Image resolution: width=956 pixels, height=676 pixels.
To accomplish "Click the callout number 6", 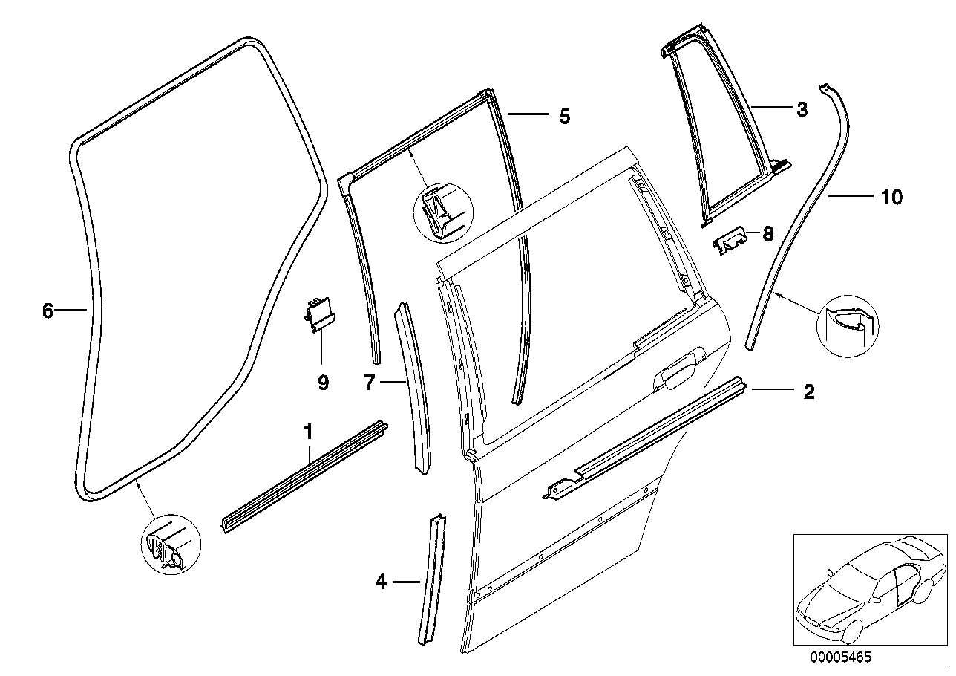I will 48,311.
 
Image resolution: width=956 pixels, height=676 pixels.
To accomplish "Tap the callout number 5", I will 564,117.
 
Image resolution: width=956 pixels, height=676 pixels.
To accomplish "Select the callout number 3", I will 801,110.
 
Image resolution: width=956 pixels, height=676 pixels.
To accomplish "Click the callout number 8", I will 767,235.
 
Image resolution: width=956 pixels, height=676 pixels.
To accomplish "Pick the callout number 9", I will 323,383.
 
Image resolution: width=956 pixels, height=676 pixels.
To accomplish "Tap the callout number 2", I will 808,391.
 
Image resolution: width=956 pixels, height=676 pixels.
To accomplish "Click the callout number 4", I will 382,582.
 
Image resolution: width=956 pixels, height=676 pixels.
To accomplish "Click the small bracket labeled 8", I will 733,240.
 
